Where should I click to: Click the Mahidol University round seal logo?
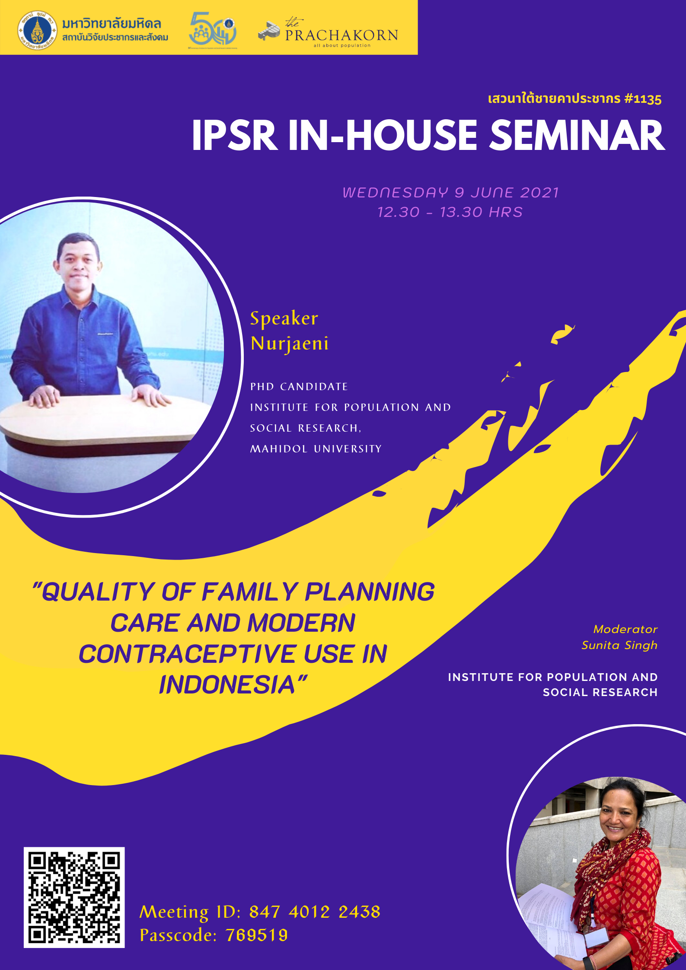pos(37,30)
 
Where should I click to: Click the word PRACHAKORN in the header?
pos(341,35)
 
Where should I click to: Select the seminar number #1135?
pos(643,99)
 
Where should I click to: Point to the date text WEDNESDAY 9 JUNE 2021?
pos(451,192)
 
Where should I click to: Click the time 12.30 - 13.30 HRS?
pos(450,212)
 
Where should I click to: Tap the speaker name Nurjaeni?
pos(290,344)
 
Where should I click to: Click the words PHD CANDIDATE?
pos(299,387)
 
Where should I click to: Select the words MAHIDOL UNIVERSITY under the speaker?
pos(316,449)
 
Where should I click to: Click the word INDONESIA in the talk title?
pos(227,684)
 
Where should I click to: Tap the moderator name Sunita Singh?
pos(619,645)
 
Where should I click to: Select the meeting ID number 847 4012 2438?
pos(315,912)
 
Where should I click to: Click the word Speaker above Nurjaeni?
pos(284,319)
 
